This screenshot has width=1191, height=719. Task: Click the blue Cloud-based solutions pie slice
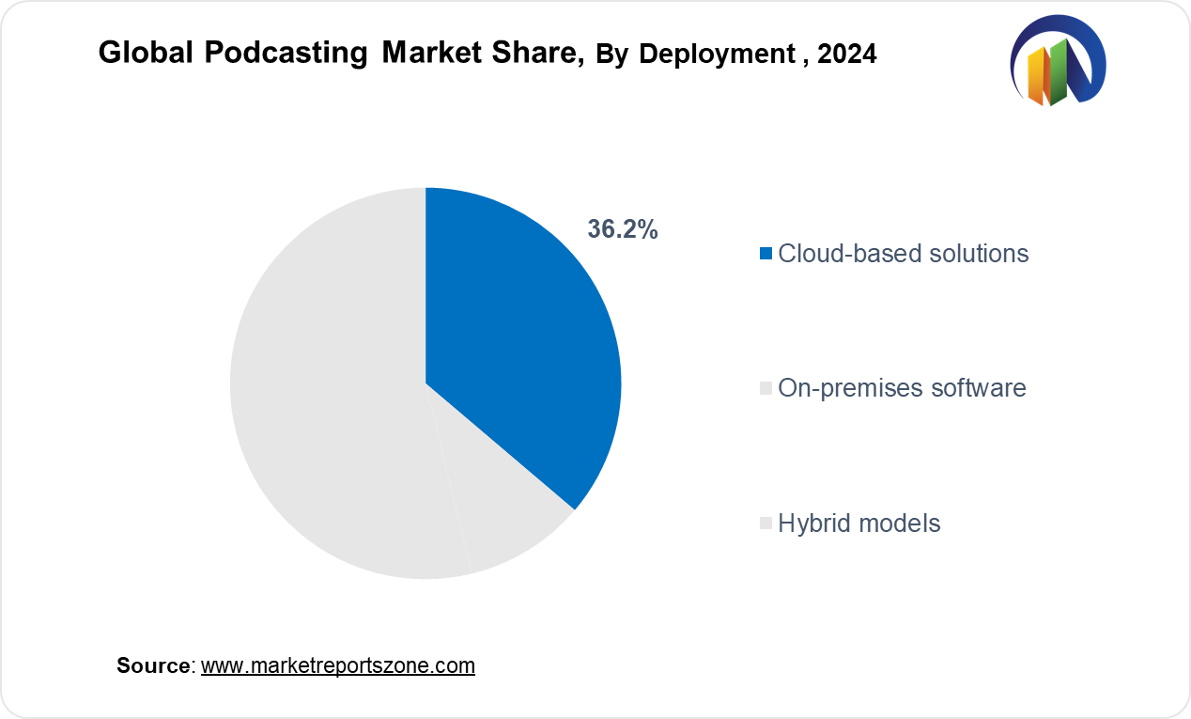[x=517, y=338]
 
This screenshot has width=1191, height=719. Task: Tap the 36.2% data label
[x=623, y=229]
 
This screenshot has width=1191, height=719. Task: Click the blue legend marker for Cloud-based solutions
[x=766, y=253]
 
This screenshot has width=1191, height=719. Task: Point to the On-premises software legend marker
[x=766, y=387]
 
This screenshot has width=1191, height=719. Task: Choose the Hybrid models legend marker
[x=766, y=523]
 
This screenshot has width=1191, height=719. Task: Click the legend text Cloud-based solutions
[x=904, y=253]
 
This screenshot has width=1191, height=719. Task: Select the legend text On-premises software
[x=902, y=387]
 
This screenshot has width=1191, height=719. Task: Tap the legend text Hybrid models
[x=859, y=523]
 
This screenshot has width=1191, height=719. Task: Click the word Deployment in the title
[x=717, y=55]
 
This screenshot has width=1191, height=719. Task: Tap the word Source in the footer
[x=153, y=665]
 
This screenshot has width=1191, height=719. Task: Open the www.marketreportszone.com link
[x=338, y=665]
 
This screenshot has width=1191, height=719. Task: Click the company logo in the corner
[x=1058, y=61]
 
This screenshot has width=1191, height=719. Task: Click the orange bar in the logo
[x=1038, y=77]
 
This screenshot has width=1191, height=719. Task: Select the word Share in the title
[x=543, y=54]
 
